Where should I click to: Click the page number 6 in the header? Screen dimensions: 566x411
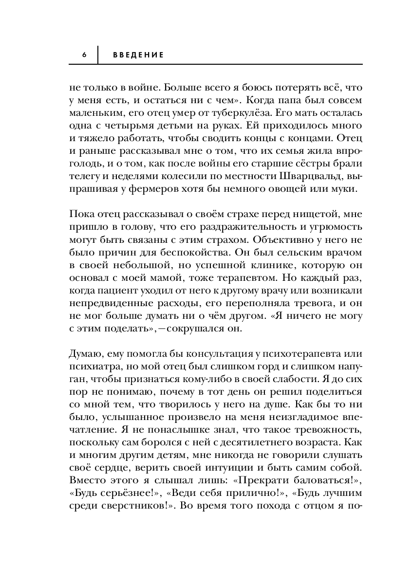[x=84, y=55]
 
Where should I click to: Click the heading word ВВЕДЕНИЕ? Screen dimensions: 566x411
[x=138, y=55]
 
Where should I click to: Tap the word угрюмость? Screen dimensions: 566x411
[x=335, y=227]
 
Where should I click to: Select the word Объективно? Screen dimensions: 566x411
[x=265, y=240]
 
